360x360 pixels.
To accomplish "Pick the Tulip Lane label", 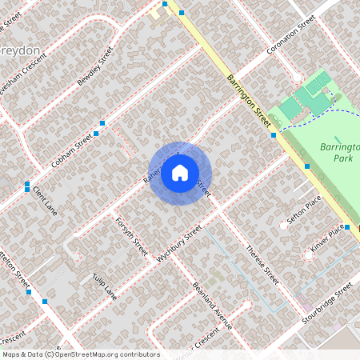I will click(104, 287).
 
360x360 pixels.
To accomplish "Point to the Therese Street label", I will click(262, 265).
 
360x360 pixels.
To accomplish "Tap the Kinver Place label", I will click(328, 238).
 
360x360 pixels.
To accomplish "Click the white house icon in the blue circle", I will click(180, 172).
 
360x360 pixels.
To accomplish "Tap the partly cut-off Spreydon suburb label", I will click(19, 50).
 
